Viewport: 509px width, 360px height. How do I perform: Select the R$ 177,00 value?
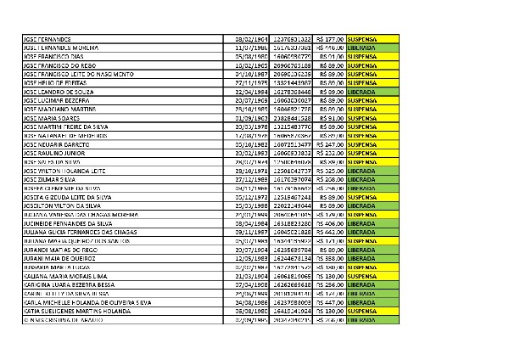coord(328,40)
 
